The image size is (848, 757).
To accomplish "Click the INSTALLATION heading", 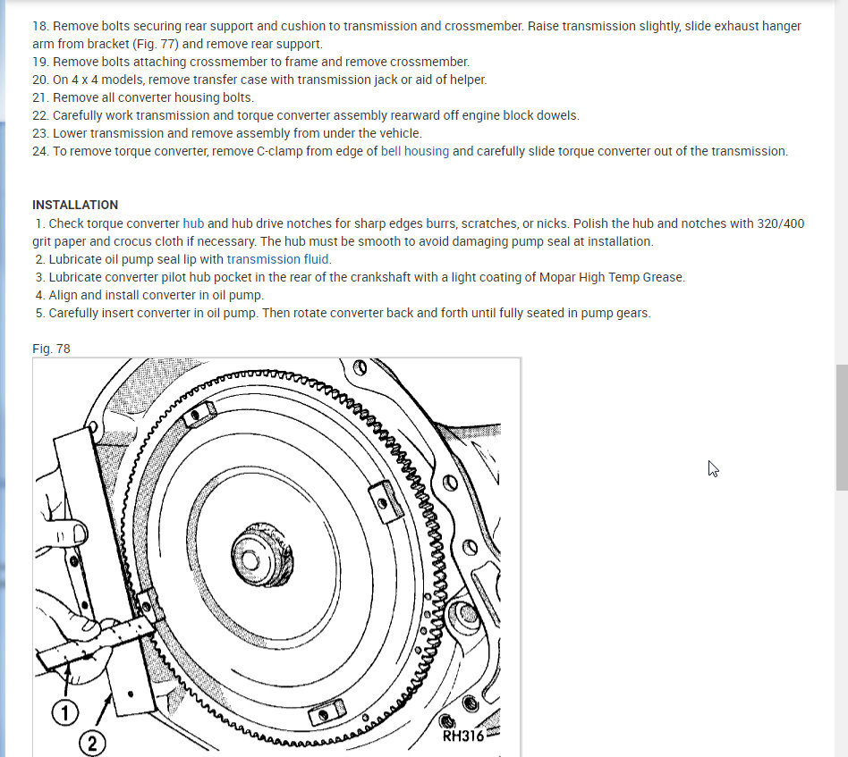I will point(75,205).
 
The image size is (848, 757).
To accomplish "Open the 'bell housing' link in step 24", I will point(415,151).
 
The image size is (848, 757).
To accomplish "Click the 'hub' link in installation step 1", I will point(194,223).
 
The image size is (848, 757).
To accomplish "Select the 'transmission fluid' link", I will point(278,259).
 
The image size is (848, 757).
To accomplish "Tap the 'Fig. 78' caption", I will point(51,349).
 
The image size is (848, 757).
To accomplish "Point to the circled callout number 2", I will point(94,743).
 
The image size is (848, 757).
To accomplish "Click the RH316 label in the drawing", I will point(462,736).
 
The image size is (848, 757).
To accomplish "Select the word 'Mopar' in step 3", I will point(558,277).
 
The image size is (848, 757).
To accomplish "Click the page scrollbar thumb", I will point(842,426).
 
